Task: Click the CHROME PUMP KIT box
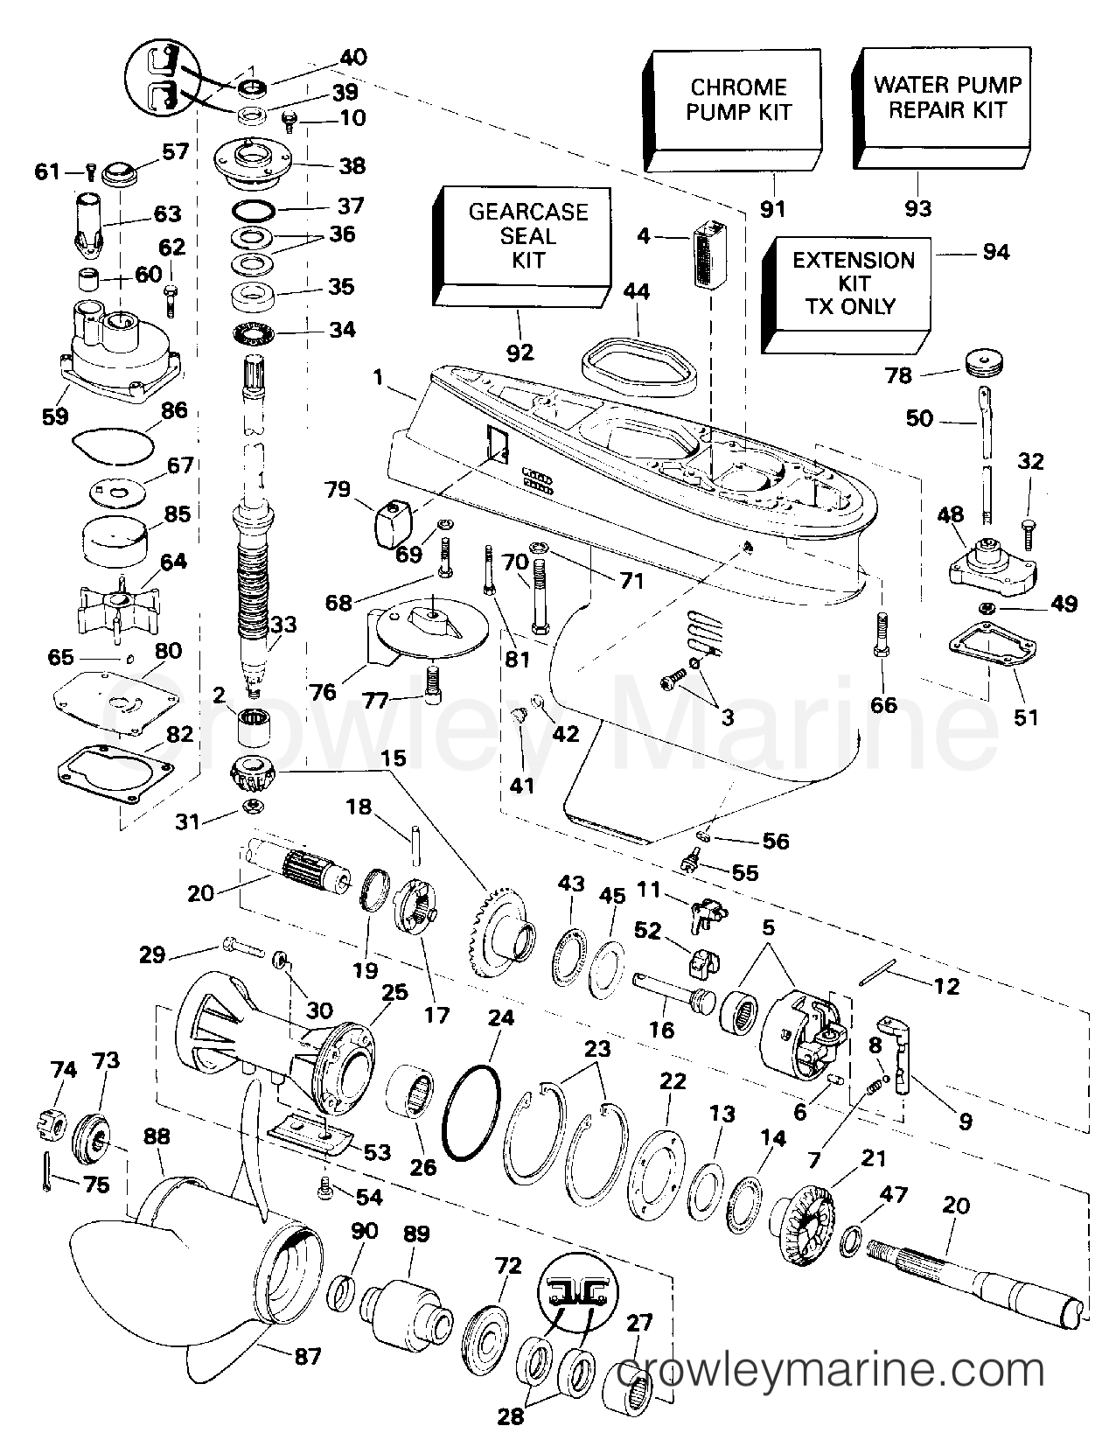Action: coord(732,110)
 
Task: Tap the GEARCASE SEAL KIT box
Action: coord(522,246)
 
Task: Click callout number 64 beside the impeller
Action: coord(173,562)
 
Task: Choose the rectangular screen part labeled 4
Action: coord(710,254)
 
